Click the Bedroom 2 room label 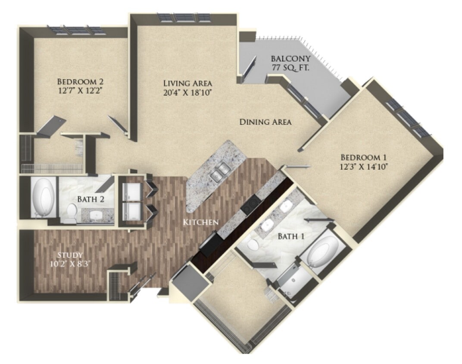pos(80,82)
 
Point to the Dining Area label pos(265,122)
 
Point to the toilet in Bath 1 pos(254,245)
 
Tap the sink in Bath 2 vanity pos(96,214)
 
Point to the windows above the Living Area pos(184,18)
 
